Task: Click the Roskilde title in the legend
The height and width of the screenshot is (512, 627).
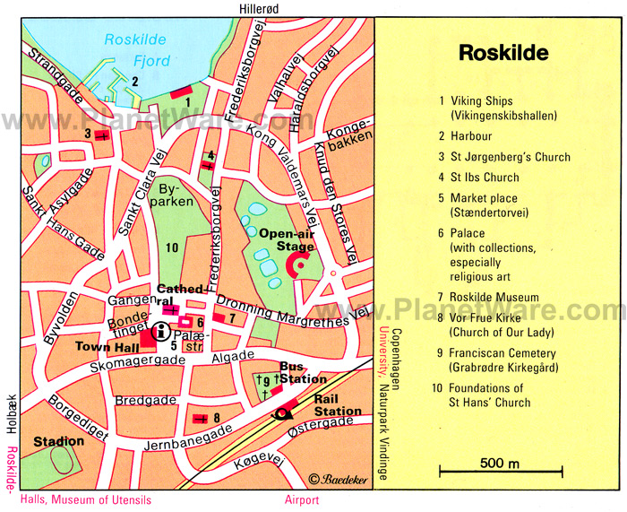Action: click(502, 53)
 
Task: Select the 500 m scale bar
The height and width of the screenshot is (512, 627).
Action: click(500, 470)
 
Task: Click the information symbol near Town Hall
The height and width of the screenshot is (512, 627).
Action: click(162, 330)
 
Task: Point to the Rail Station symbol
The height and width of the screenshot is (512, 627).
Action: click(285, 412)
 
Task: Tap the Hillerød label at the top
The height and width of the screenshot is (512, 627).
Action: click(259, 8)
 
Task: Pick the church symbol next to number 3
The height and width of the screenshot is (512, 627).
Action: click(101, 135)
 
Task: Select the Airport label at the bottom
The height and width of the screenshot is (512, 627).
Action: click(301, 500)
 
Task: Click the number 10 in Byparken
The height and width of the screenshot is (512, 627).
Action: click(172, 247)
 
